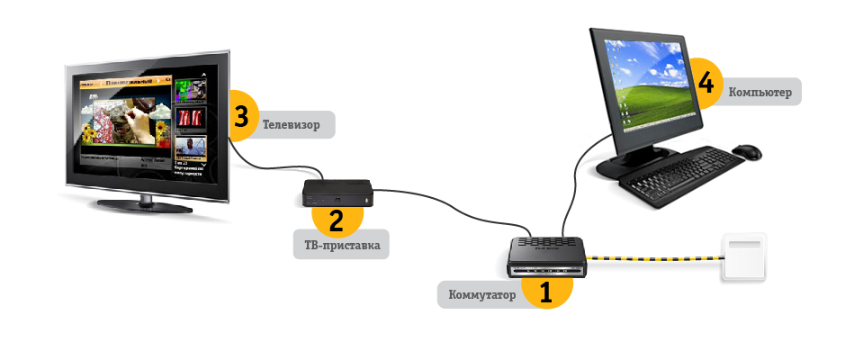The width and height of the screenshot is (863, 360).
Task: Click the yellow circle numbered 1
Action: click(544, 291)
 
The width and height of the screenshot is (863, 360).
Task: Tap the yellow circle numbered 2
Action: click(336, 218)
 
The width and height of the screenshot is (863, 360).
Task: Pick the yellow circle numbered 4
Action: click(706, 84)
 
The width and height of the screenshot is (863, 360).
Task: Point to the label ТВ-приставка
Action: click(341, 244)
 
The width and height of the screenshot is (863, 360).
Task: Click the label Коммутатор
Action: click(481, 295)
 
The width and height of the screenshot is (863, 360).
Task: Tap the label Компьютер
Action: click(757, 91)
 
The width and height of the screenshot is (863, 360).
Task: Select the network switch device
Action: click(545, 256)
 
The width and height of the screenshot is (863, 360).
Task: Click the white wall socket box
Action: click(743, 258)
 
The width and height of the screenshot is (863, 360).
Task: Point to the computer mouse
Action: click(746, 153)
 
